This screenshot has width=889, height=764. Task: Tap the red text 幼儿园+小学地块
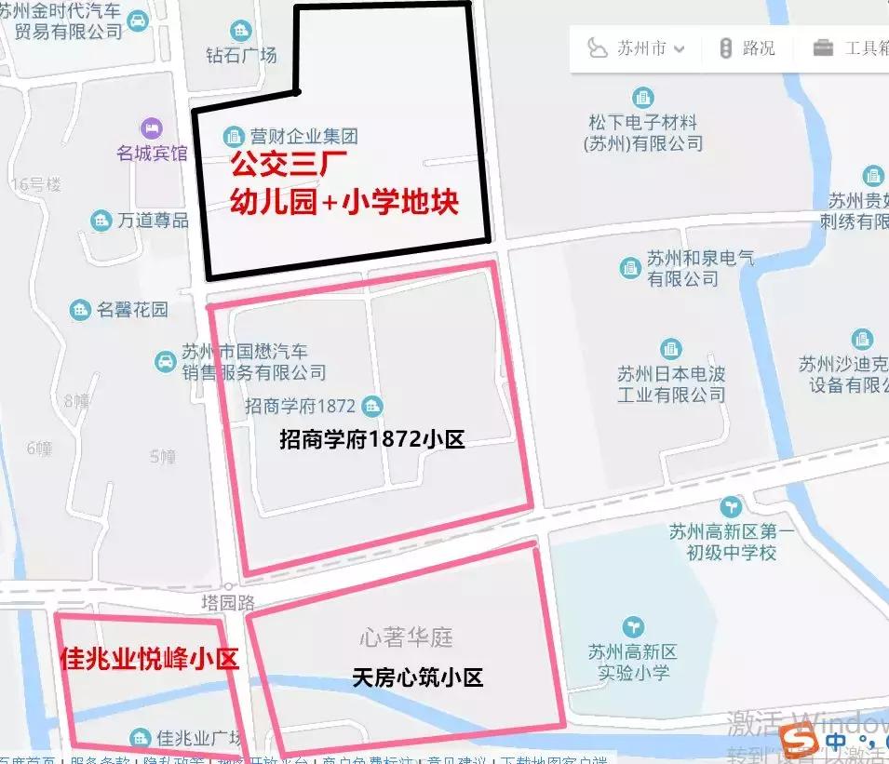[344, 202]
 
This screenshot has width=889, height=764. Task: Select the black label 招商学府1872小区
[371, 439]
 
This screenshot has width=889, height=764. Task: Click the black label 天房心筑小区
[418, 677]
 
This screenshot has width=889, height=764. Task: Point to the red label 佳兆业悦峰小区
[149, 660]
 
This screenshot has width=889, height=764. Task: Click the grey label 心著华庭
[406, 637]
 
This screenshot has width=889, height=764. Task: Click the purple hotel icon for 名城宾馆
[150, 127]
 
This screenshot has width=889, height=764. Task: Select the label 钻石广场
[242, 55]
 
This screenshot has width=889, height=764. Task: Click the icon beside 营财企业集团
[233, 137]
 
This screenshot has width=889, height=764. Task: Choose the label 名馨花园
[132, 310]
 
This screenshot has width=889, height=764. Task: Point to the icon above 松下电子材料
[642, 97]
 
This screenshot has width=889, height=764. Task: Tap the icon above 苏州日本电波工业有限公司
[670, 349]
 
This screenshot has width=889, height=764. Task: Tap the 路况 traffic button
[748, 48]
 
